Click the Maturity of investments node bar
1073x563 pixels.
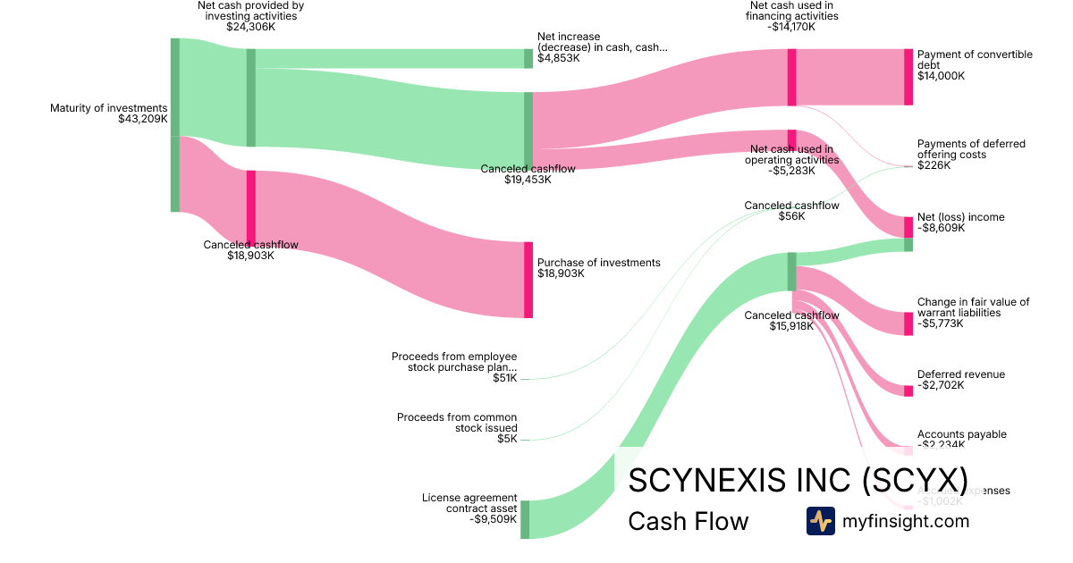click(x=175, y=125)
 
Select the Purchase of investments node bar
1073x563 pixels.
click(x=528, y=280)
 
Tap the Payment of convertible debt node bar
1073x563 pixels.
click(x=908, y=77)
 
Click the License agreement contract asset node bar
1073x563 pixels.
click(x=525, y=519)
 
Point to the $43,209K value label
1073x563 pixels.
click(x=143, y=119)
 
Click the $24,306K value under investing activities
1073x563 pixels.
click(x=251, y=27)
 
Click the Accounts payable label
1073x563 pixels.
click(x=962, y=434)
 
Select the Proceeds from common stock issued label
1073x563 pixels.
click(x=457, y=423)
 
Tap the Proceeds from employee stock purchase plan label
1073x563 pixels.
click(x=454, y=362)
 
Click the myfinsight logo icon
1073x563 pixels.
click(x=820, y=521)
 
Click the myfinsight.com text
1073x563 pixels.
click(x=906, y=521)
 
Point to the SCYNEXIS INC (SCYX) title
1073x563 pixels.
click(x=798, y=480)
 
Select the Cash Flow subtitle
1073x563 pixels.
click(x=689, y=521)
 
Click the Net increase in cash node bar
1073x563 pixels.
click(x=528, y=58)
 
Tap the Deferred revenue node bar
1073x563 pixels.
click(x=908, y=391)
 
